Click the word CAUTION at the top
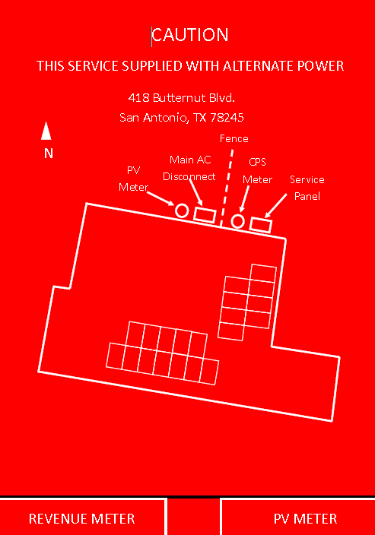point(190,35)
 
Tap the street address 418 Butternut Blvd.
point(181,98)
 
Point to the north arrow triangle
point(46,131)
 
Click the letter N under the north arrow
point(49,154)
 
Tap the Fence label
point(234,138)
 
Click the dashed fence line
point(227,188)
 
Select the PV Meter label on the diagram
point(134,179)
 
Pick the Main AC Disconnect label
point(189,168)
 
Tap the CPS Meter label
point(258,170)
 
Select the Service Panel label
point(307,188)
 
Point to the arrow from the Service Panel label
point(276,205)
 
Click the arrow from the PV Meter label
point(160,198)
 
